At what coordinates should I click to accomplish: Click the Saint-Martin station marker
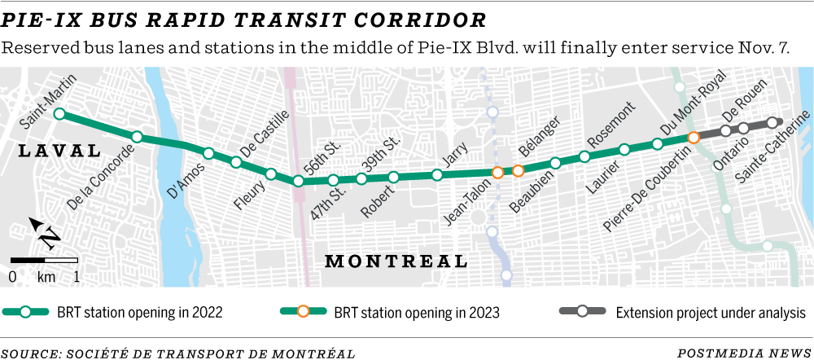coord(59,114)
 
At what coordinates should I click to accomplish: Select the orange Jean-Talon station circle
coord(497,172)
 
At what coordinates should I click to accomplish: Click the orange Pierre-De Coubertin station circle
coord(694,138)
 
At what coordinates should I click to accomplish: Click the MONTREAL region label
coord(396,261)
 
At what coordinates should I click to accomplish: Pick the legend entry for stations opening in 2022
coord(114,312)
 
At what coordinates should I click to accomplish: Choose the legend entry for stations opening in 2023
coord(391,312)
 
